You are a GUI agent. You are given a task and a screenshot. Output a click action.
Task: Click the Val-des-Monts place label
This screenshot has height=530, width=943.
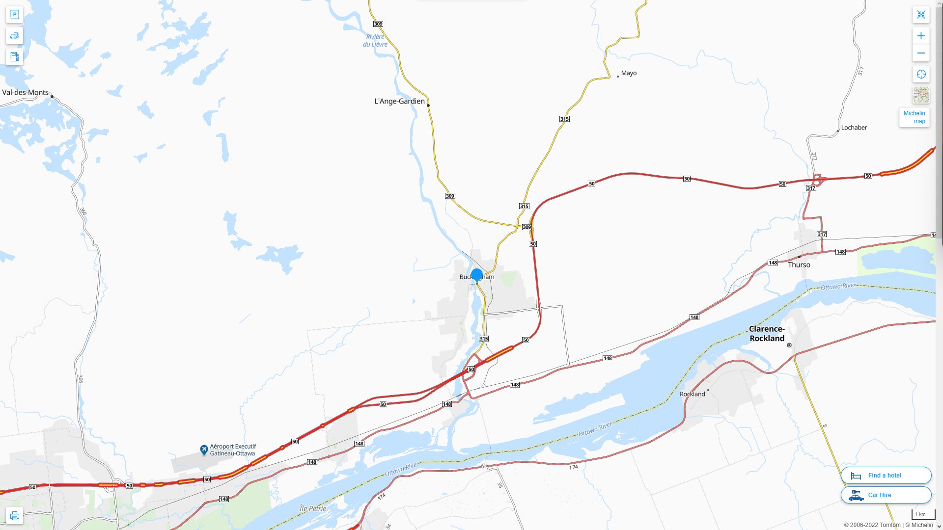[x=26, y=92]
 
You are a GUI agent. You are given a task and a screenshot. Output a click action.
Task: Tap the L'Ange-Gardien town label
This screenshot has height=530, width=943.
[x=399, y=101]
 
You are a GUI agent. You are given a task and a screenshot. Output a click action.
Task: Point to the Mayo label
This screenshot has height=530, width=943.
[x=629, y=73]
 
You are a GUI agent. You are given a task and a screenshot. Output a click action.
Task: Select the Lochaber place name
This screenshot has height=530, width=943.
[x=854, y=128]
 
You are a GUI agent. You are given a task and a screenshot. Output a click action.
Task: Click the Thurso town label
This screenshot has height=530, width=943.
[x=799, y=265]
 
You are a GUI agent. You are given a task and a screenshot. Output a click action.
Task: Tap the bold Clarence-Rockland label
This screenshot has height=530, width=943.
[x=767, y=334]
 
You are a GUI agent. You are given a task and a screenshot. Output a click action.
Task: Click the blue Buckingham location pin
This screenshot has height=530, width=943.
[x=476, y=275]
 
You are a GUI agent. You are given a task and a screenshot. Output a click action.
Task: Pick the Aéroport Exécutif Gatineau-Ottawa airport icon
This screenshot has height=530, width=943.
[x=204, y=450]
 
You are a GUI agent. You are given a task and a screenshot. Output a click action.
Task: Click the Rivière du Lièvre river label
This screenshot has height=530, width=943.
[x=375, y=41]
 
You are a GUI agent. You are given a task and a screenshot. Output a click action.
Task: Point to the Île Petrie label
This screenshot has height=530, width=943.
[x=313, y=508]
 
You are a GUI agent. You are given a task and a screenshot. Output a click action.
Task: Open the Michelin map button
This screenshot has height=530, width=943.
[x=914, y=117]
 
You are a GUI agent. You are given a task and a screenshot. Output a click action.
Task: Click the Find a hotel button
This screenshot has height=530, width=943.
[x=886, y=475]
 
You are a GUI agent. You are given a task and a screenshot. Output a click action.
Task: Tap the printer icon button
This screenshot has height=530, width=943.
[x=14, y=516]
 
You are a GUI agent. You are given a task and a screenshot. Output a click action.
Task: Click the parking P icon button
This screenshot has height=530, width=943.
[x=14, y=15]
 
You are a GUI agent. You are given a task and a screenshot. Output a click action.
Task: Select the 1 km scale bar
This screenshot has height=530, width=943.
[x=923, y=515]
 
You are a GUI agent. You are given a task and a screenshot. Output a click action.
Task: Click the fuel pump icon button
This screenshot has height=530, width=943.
[x=14, y=56]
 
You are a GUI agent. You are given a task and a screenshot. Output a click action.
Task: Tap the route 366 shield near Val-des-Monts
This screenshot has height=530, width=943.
[x=83, y=212]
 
